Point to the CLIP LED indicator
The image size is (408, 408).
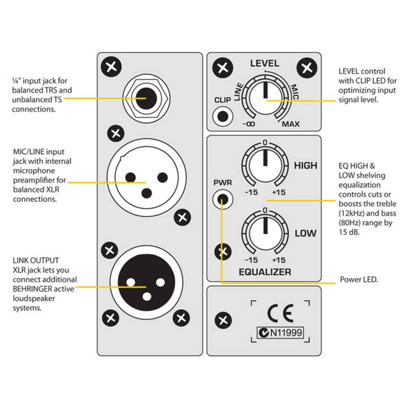click(223, 116)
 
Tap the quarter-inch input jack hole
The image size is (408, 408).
click(146, 98)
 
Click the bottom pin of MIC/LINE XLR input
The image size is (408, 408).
click(147, 193)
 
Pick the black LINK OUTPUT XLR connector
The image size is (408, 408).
click(147, 282)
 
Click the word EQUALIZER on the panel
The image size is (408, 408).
click(265, 272)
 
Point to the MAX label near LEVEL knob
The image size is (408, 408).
click(291, 124)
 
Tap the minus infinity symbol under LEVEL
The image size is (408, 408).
click(249, 124)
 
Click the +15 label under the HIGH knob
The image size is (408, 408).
click(279, 192)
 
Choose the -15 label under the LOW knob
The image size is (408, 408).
click(251, 260)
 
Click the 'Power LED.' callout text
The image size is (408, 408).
click(359, 279)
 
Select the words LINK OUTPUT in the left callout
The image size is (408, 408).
click(36, 260)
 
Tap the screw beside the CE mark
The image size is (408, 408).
click(223, 320)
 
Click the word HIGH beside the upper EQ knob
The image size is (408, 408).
click(305, 166)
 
